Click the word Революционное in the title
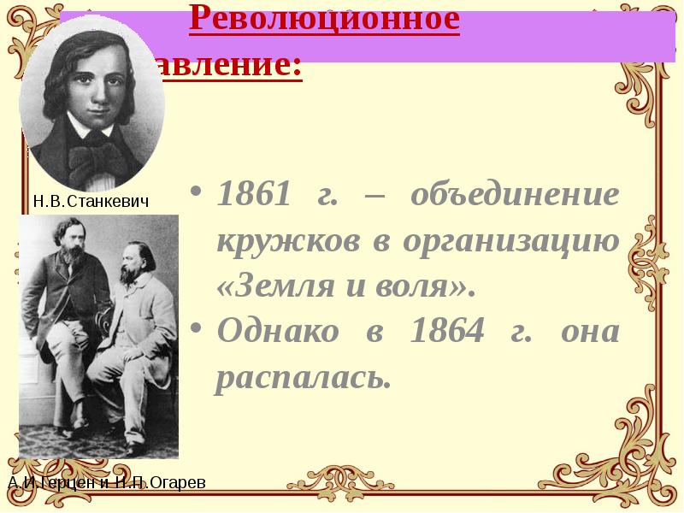(324, 19)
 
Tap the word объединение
(514, 195)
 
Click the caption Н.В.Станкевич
(91, 202)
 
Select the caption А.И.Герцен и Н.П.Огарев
(107, 483)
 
